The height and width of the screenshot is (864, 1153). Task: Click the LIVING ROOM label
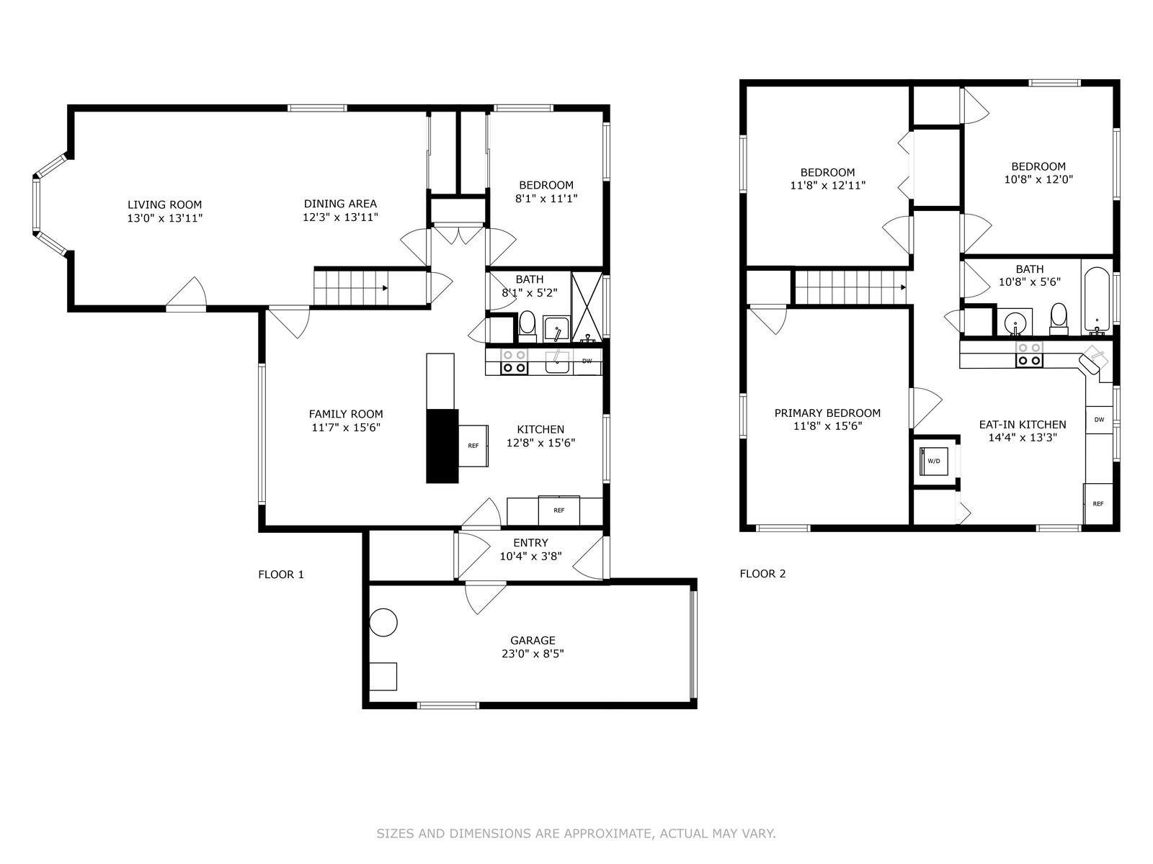164,204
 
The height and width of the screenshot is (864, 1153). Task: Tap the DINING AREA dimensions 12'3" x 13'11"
340,217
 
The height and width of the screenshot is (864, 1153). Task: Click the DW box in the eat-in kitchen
1099,420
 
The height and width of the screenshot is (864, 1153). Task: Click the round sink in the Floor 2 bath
1015,320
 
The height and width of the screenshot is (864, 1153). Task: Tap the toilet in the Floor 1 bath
527,325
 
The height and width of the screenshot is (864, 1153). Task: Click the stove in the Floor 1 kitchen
514,361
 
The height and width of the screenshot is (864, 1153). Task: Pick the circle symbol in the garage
383,622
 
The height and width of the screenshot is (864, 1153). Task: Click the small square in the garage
383,676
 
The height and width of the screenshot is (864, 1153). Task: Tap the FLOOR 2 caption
762,574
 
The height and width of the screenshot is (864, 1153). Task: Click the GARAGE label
533,640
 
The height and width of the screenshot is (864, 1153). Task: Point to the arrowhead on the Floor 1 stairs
386,288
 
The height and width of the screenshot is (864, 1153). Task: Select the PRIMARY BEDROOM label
827,413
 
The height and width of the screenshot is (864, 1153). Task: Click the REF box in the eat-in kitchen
1098,504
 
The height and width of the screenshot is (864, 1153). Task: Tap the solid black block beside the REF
442,446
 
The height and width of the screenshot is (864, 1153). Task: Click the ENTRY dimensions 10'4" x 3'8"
530,557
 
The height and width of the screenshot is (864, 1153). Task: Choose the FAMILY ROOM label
346,414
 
